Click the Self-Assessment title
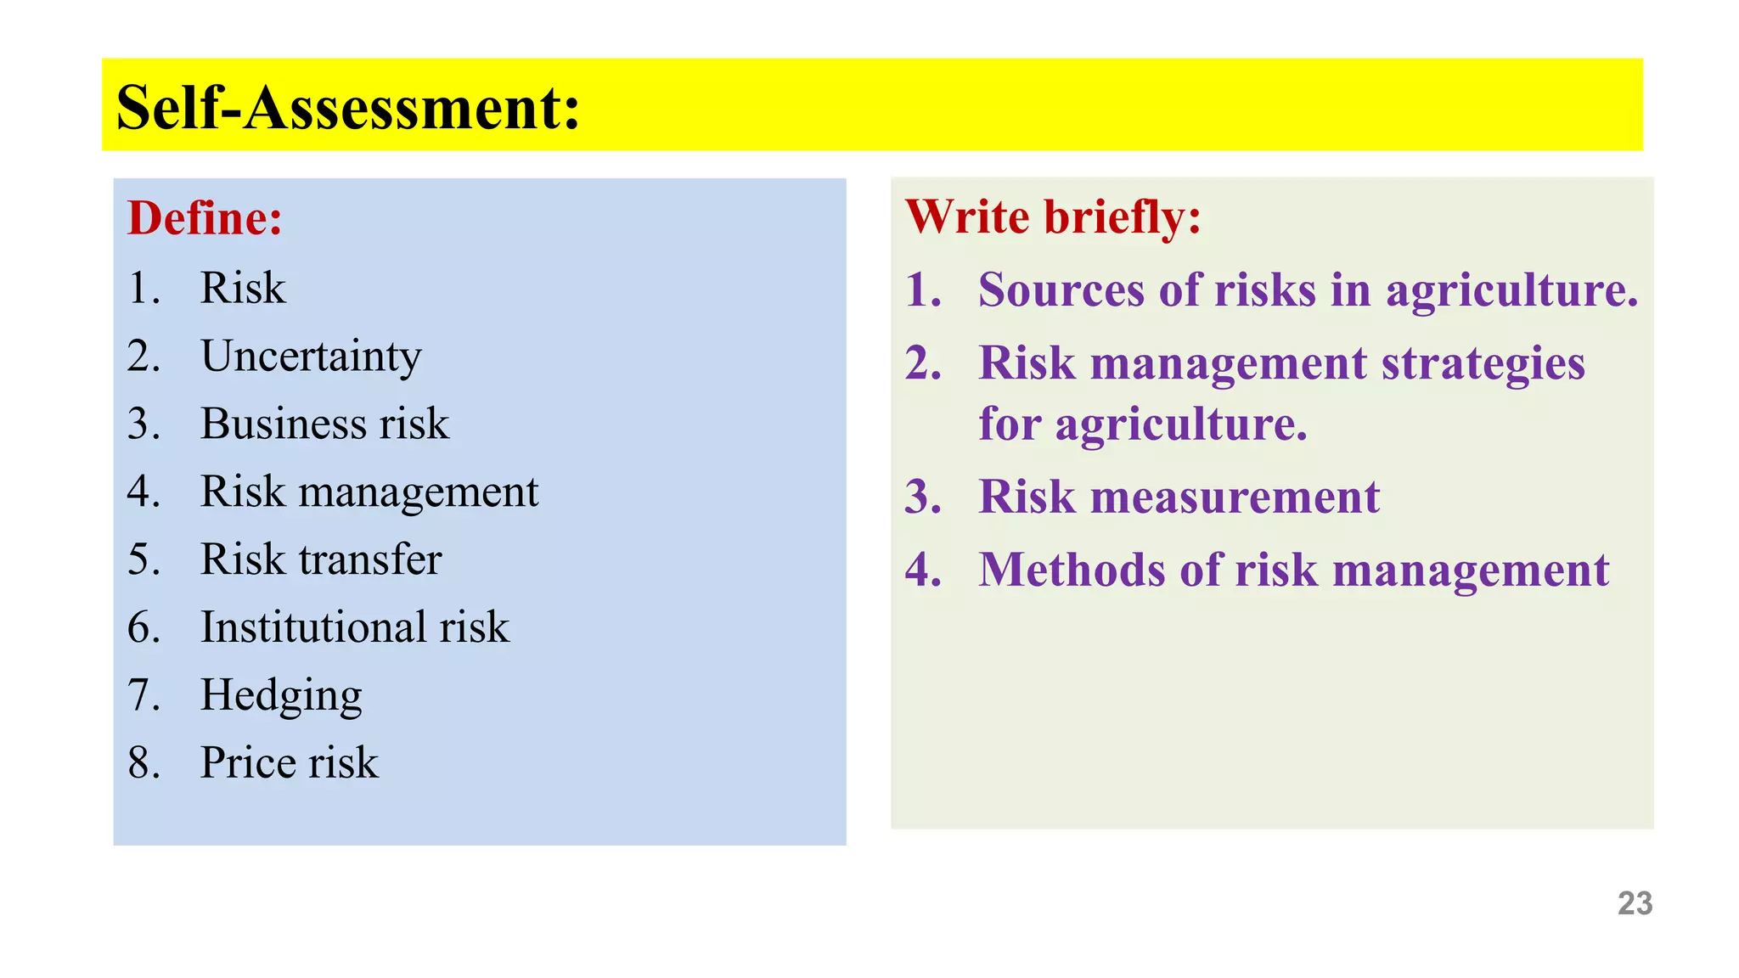coord(348,108)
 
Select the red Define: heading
coord(205,218)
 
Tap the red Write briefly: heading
coord(1053,216)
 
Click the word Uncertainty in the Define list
coord(311,357)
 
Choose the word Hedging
coord(281,695)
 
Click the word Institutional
coord(313,627)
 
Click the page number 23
coord(1635,903)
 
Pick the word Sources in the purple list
coord(1061,290)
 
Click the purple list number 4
coord(922,570)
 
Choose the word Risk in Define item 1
coord(243,288)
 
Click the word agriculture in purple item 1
coord(1511,290)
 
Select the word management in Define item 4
coord(418,492)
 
